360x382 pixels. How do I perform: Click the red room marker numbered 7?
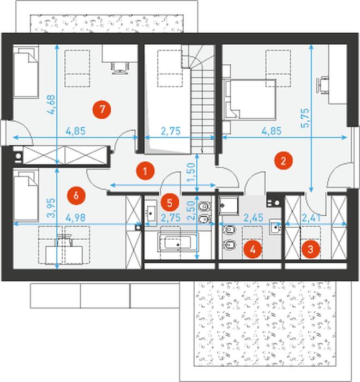[x=101, y=109]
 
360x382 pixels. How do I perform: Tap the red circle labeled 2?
[x=284, y=161]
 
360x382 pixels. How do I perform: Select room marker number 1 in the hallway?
[x=145, y=171]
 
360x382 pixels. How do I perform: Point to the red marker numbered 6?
[x=76, y=196]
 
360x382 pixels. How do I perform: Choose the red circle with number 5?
[x=170, y=203]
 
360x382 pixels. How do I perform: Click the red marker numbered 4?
[x=253, y=249]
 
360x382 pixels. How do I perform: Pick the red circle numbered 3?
[x=310, y=249]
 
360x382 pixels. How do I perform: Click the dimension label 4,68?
[x=51, y=105]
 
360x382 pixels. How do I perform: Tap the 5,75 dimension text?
[x=305, y=118]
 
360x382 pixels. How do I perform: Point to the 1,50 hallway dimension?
[x=191, y=172]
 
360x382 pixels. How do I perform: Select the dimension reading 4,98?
[x=76, y=217]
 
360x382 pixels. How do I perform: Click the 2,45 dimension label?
[x=254, y=217]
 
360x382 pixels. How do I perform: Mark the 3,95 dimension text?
[x=51, y=208]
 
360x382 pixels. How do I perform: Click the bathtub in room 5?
[x=178, y=242]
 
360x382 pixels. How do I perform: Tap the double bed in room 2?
[x=250, y=99]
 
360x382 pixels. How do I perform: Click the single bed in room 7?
[x=26, y=72]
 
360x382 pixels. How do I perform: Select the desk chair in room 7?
[x=120, y=67]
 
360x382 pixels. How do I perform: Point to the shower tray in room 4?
[x=229, y=205]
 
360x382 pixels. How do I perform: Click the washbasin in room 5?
[x=151, y=213]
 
